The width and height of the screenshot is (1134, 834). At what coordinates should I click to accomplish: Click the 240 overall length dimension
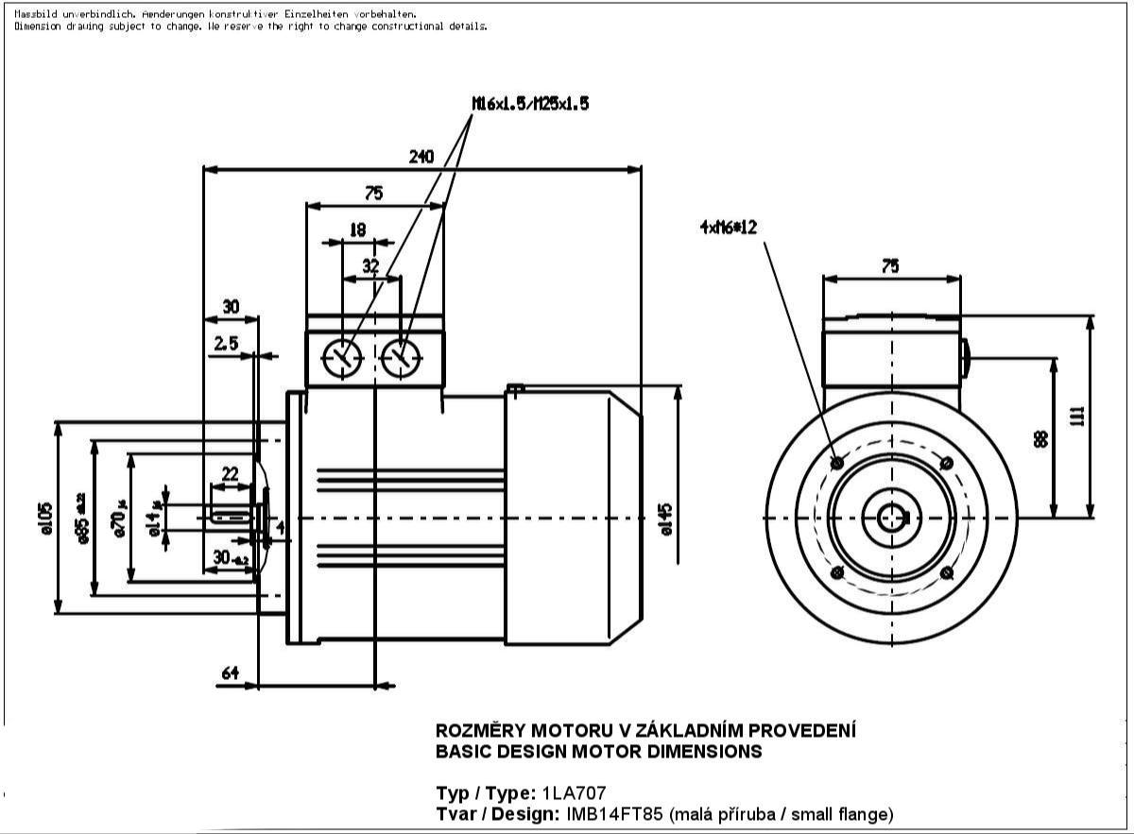point(421,157)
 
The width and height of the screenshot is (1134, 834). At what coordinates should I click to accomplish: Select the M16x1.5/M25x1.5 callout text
point(530,104)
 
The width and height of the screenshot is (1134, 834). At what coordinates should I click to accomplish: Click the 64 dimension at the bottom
point(230,672)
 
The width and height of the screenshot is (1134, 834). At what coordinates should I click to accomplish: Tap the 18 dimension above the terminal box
point(357,230)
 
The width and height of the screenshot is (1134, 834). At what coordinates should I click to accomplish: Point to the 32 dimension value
point(370,266)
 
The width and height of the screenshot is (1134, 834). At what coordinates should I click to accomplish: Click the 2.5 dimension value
point(226,344)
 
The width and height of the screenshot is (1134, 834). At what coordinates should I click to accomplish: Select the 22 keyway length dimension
point(230,472)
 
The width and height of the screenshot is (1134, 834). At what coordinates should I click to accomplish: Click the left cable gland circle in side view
point(342,358)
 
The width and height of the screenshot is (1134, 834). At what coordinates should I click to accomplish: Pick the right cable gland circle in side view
point(403,358)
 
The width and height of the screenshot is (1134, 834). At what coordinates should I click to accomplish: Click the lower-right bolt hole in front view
point(947,572)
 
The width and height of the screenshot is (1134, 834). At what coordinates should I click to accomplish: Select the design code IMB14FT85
point(614,814)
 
